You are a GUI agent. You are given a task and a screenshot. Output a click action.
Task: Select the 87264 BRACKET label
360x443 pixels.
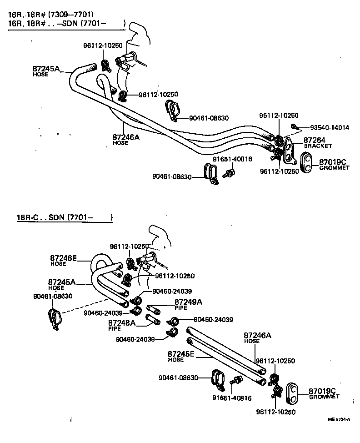pyautogui.click(x=318, y=143)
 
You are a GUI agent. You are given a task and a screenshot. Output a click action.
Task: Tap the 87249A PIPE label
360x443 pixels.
pyautogui.click(x=188, y=304)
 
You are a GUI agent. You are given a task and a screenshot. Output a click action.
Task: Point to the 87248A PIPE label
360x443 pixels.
pyautogui.click(x=121, y=324)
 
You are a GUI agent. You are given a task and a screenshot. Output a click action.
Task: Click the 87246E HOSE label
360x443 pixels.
pyautogui.click(x=63, y=260)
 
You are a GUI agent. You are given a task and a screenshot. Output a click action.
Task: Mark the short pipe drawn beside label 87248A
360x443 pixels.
pyautogui.click(x=151, y=319)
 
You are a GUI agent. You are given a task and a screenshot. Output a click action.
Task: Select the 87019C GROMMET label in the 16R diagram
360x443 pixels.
pyautogui.click(x=334, y=164)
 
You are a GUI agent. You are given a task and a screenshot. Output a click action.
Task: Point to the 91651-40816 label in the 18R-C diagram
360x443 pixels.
pyautogui.click(x=232, y=398)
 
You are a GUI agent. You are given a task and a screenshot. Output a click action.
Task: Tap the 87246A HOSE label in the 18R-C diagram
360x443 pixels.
pyautogui.click(x=257, y=337)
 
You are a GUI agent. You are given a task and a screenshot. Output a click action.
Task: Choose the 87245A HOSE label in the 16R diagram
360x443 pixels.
pyautogui.click(x=46, y=71)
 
